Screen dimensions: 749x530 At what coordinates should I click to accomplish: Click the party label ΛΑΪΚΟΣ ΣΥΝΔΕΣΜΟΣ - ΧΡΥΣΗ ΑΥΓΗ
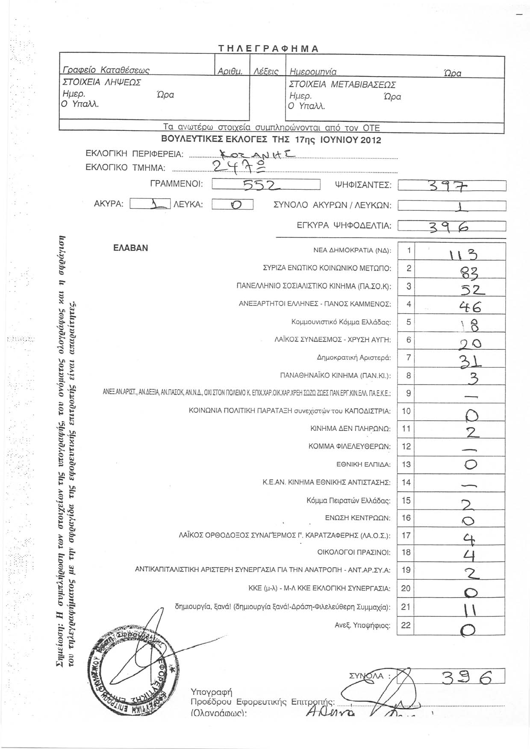(x=332, y=340)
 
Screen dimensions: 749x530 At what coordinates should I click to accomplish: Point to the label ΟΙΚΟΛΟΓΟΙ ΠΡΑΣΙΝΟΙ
(x=354, y=552)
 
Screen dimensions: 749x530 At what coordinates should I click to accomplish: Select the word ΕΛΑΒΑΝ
(x=131, y=248)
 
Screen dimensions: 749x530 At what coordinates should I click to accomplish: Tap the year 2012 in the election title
(x=368, y=140)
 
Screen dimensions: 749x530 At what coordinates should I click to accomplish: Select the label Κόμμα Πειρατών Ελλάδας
(x=348, y=500)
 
